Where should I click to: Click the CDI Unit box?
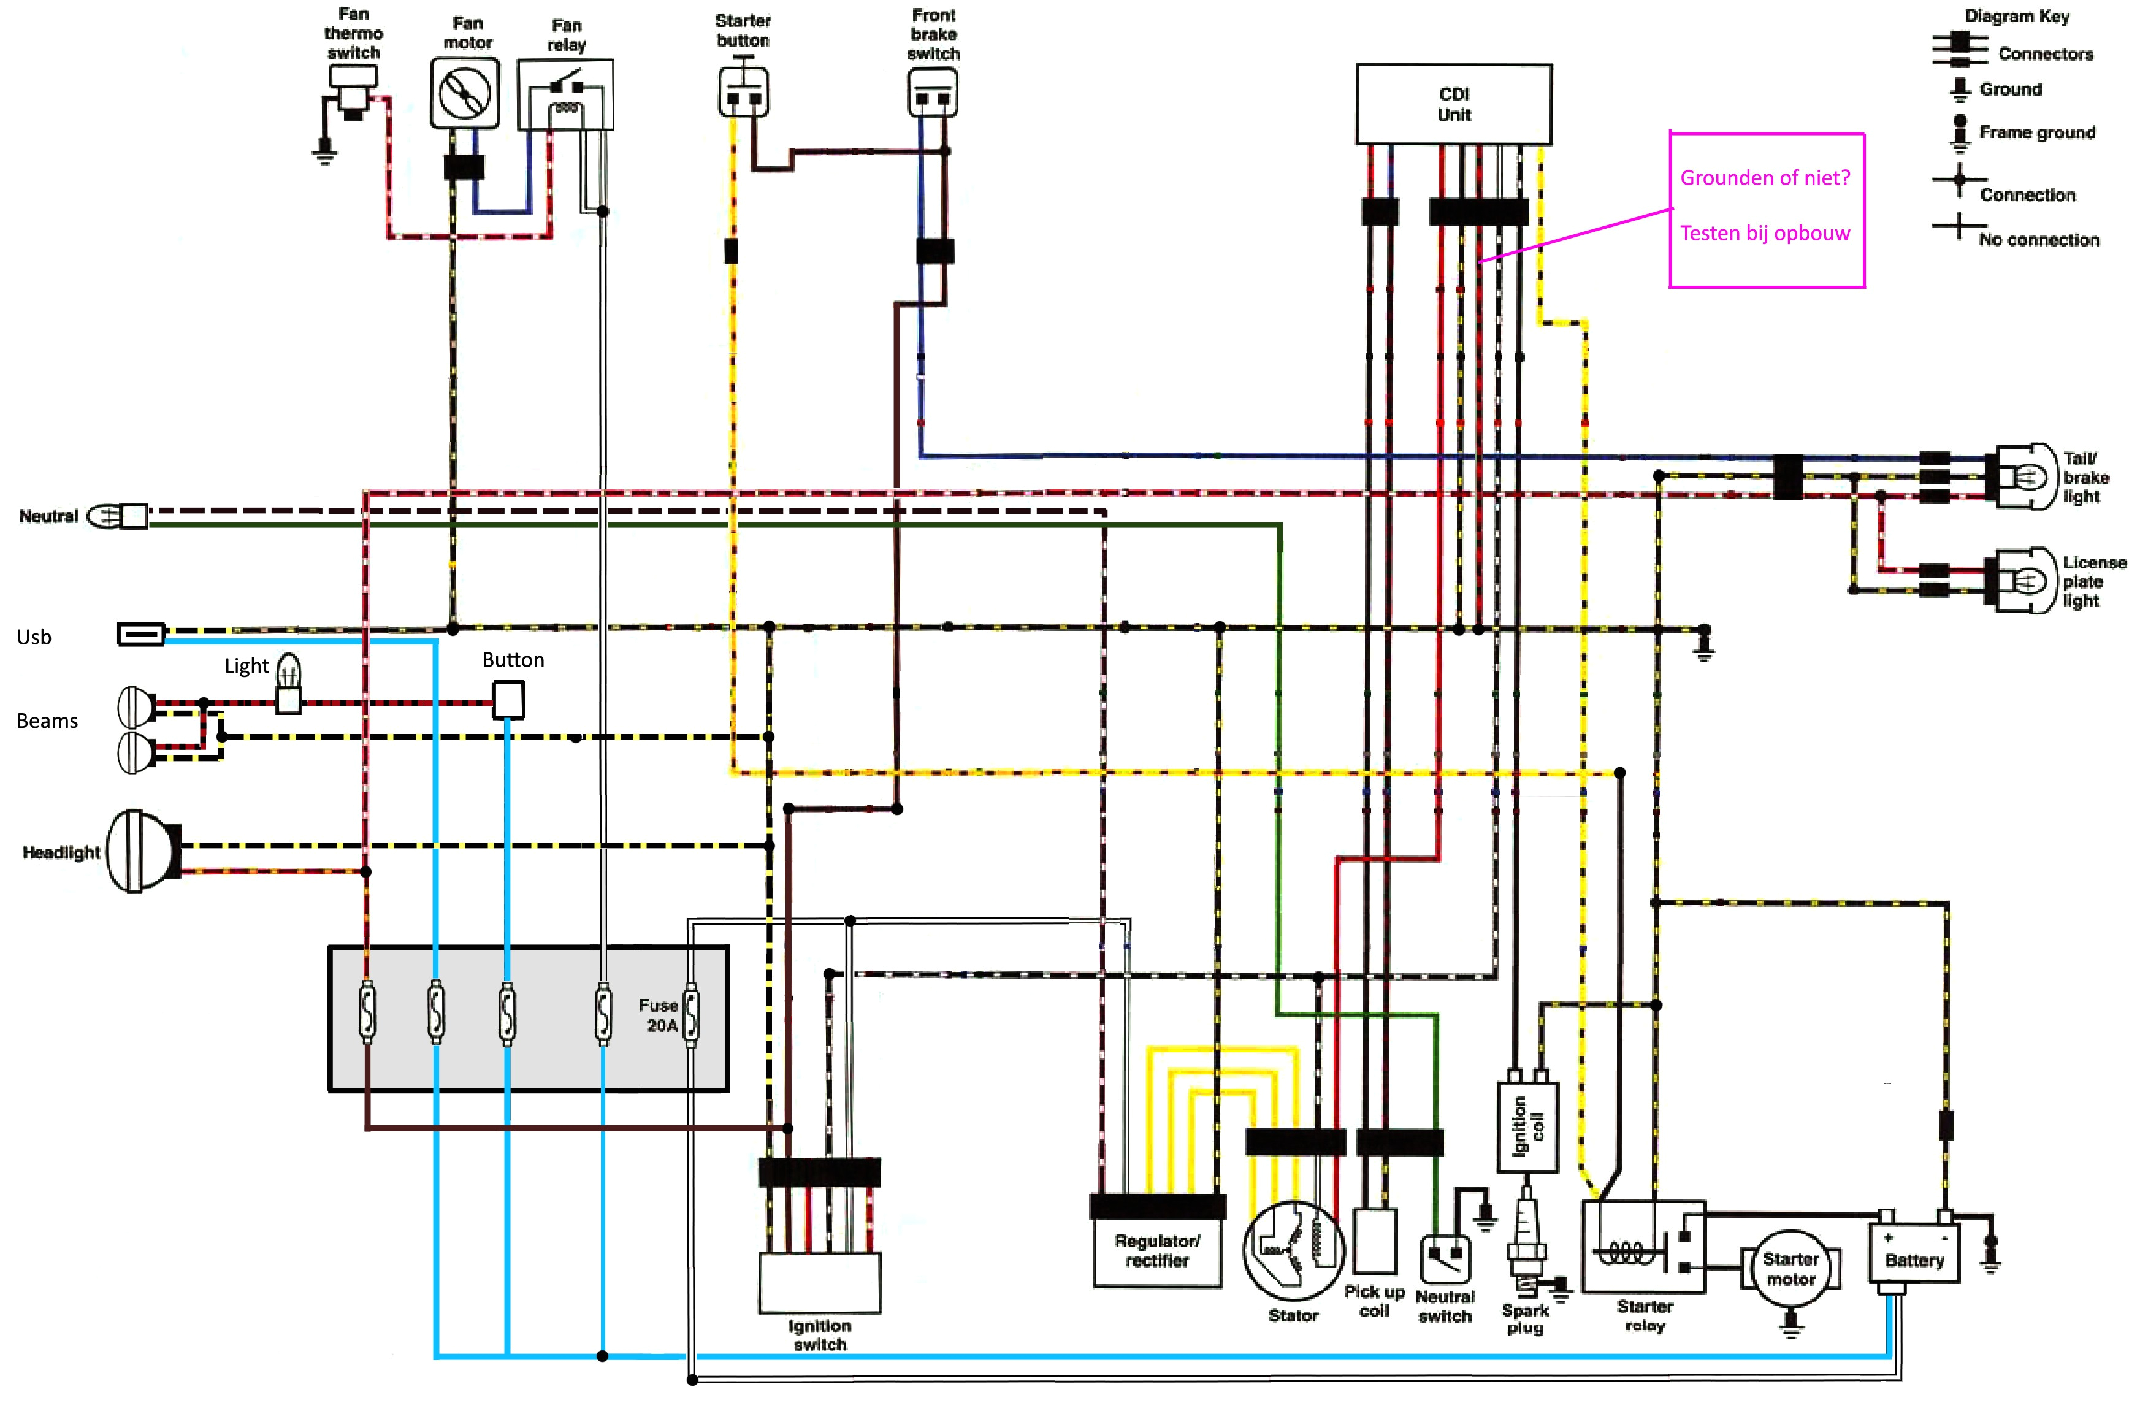pyautogui.click(x=1453, y=104)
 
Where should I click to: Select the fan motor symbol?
pyautogui.click(x=464, y=93)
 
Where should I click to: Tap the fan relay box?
pyautogui.click(x=565, y=94)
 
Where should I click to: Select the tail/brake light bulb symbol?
pyautogui.click(x=2025, y=476)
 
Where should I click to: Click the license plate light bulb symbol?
pyautogui.click(x=2025, y=581)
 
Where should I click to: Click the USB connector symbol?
pyautogui.click(x=140, y=635)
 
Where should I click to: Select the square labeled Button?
pyautogui.click(x=508, y=699)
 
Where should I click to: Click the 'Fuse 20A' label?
pyautogui.click(x=660, y=1014)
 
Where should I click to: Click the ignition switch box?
pyautogui.click(x=819, y=1282)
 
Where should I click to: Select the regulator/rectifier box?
pyautogui.click(x=1156, y=1251)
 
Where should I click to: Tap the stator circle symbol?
pyautogui.click(x=1293, y=1251)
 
